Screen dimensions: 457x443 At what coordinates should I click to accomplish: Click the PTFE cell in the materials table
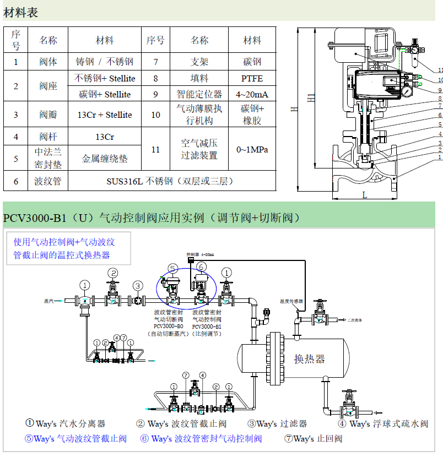[x=252, y=78]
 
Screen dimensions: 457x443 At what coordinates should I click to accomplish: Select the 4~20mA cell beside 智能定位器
[x=252, y=94]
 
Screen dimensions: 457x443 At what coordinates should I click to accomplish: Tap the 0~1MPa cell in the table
[x=252, y=149]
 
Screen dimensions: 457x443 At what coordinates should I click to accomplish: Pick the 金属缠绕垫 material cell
[x=105, y=159]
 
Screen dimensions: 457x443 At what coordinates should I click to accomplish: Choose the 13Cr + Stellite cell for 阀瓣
[x=105, y=115]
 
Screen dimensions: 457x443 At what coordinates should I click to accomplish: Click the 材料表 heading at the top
[x=21, y=12]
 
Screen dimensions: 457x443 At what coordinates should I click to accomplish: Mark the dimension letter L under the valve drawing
[x=364, y=194]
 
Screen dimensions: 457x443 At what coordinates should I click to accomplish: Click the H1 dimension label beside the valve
[x=312, y=98]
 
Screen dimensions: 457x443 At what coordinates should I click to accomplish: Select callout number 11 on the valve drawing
[x=440, y=70]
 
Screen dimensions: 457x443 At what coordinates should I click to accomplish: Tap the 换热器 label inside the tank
[x=309, y=359]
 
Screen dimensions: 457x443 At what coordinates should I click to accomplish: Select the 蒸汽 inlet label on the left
[x=50, y=301]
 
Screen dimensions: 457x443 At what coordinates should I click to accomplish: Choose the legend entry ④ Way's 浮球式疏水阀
[x=382, y=423]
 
